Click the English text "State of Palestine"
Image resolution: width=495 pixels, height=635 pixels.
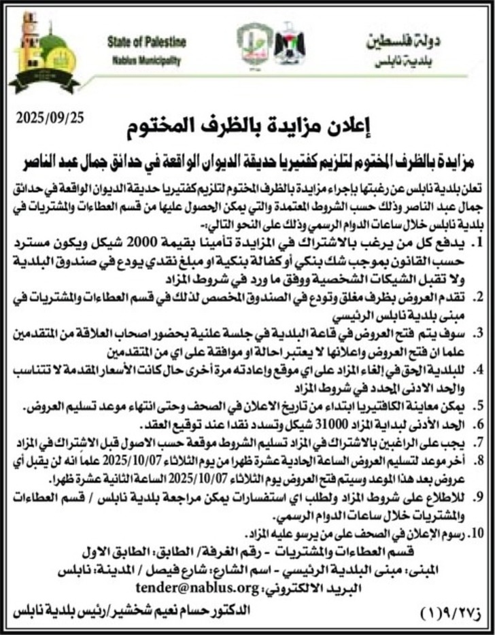[x=146, y=42]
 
